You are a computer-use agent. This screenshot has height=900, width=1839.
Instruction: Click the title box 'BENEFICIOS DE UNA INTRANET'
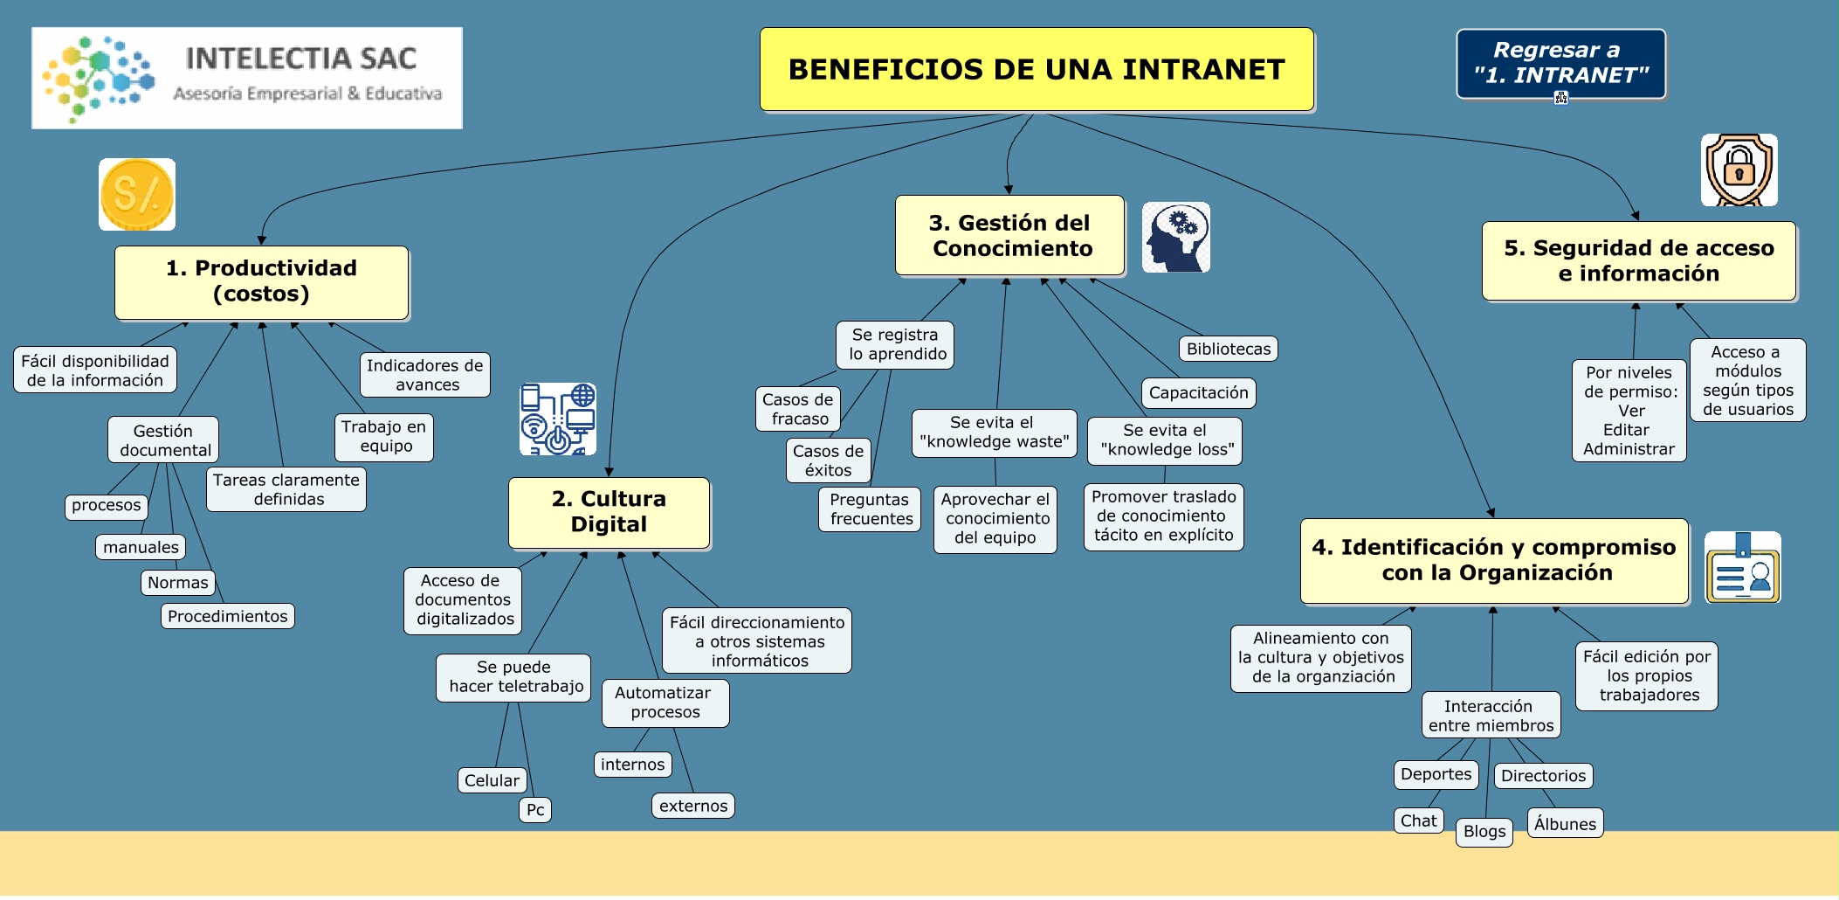coord(1037,69)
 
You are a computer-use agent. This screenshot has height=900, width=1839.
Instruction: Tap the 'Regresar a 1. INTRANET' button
coord(1560,63)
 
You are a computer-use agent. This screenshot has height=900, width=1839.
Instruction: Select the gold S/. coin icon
coord(137,194)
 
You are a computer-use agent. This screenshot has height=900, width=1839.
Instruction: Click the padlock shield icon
coord(1739,170)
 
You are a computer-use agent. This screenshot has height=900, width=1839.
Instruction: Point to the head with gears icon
coord(1176,237)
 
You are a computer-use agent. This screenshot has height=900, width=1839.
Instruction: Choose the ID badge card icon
coord(1742,568)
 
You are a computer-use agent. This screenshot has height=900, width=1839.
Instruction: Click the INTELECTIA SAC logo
coord(247,78)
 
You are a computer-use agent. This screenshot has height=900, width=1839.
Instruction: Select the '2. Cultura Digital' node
coord(609,512)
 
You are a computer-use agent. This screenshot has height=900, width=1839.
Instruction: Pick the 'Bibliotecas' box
coord(1228,349)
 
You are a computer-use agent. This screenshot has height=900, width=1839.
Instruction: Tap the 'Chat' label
coord(1418,820)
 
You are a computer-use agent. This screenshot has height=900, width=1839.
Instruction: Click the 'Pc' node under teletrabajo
coord(535,810)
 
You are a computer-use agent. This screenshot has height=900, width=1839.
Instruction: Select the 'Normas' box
coord(178,582)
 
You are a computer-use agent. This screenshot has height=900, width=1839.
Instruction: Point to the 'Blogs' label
coord(1484,831)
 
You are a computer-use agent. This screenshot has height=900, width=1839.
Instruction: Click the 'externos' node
coord(693,806)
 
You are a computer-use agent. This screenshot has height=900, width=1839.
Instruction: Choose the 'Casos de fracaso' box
coord(798,409)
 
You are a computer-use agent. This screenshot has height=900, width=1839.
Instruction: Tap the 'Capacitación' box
coord(1198,392)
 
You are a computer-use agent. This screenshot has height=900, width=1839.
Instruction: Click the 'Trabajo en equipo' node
coord(384,437)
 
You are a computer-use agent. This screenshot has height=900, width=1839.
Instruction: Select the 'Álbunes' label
coord(1565,823)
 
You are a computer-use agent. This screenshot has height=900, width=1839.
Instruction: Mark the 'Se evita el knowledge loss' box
coord(1165,440)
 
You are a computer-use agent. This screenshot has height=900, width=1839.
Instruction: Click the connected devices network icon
coord(558,419)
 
